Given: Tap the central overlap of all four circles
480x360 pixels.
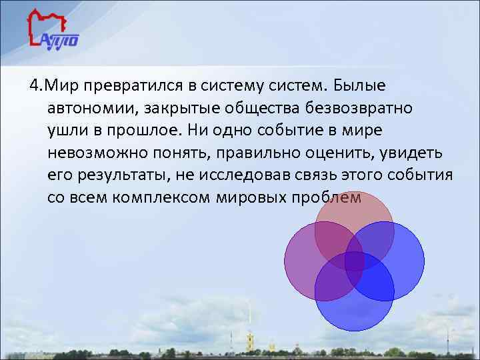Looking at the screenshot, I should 354,260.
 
